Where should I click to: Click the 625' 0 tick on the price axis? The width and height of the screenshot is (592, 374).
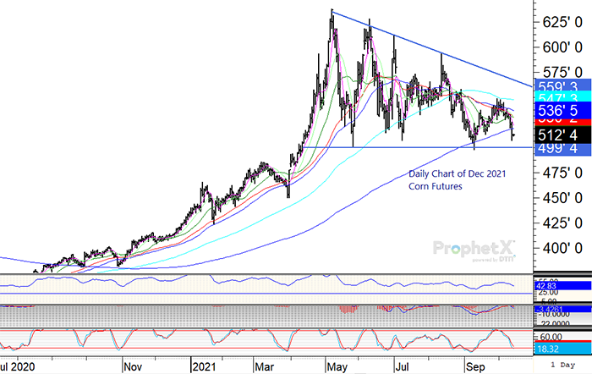(561, 19)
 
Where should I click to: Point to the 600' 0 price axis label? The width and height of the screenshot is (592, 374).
(561, 46)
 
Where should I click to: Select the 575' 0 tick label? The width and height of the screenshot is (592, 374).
(561, 71)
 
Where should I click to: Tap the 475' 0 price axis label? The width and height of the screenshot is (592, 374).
(561, 172)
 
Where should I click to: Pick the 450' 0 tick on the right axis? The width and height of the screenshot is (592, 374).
(561, 197)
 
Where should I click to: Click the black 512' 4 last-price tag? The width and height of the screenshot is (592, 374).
(561, 134)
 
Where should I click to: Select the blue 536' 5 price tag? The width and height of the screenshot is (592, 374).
(561, 110)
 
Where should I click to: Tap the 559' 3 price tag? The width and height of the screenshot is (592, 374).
(561, 85)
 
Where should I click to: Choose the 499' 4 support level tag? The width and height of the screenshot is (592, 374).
(561, 148)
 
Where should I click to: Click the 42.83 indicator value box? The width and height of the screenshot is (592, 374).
(551, 287)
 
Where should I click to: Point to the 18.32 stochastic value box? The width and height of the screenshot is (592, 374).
(551, 347)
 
